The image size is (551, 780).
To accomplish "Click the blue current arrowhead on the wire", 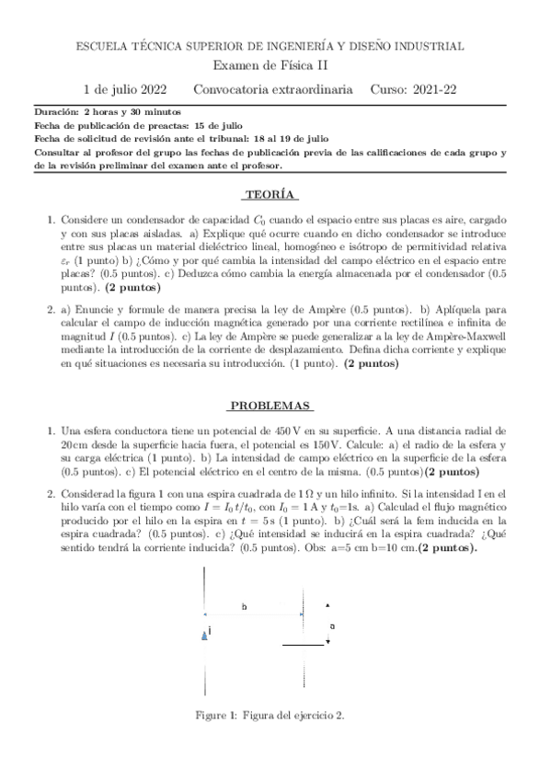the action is coord(204,634).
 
